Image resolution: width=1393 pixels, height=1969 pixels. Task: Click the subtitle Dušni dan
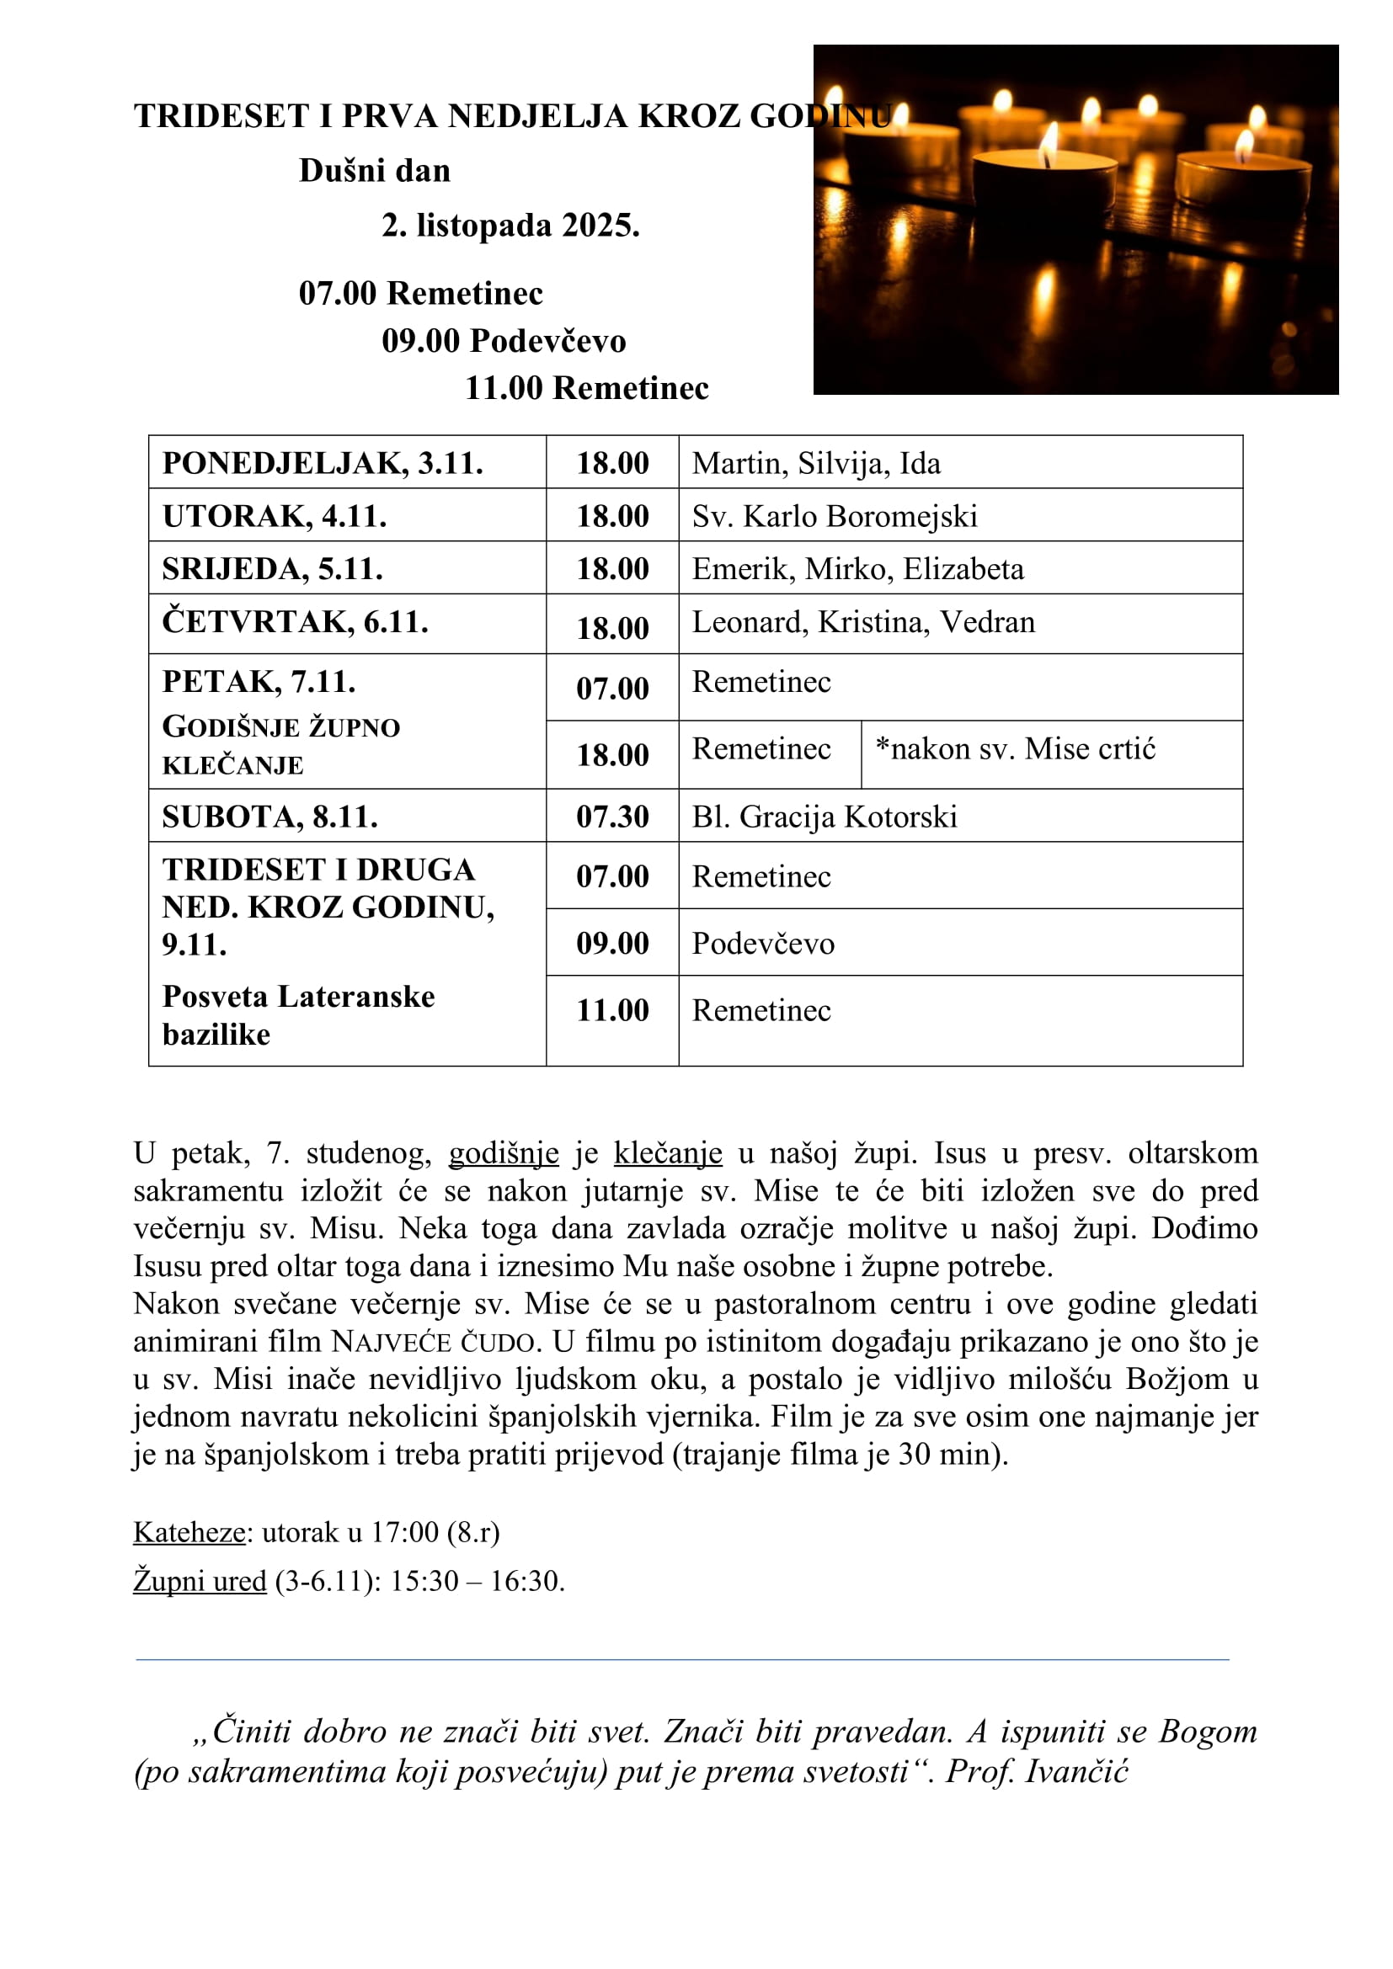374,171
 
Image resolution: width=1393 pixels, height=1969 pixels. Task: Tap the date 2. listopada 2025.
510,226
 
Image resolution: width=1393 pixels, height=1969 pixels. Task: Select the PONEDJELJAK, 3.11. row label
323,463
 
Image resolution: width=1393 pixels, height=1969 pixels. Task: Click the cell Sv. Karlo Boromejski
834,516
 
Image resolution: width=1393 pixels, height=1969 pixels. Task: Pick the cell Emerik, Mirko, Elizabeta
857,569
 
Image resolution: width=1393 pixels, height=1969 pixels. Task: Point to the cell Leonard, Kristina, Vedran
863,623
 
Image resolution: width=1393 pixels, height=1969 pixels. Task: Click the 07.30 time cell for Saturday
611,817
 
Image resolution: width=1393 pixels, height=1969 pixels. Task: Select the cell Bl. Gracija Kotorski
825,817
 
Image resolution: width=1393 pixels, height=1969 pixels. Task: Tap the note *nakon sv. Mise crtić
1015,749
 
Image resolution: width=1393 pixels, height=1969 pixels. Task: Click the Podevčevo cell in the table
762,945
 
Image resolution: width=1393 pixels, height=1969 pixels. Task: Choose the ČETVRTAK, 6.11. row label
295,623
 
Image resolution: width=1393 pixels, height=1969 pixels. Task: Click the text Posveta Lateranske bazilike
297,1015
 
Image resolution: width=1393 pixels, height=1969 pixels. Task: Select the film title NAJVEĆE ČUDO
434,1341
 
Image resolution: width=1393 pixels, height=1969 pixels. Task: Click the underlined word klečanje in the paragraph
667,1153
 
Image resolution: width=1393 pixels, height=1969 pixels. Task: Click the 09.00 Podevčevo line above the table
504,341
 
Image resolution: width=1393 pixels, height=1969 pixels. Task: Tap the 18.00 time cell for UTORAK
611,516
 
